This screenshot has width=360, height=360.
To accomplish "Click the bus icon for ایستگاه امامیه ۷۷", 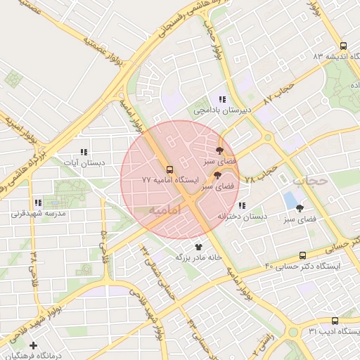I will pos(169,169).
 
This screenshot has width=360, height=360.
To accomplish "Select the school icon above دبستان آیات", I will pos(84,152).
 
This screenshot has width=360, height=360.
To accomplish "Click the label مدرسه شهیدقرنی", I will pos(45,212).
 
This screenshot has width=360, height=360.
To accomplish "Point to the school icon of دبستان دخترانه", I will pos(242,206).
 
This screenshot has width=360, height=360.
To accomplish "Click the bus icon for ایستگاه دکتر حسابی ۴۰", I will pos(302,255).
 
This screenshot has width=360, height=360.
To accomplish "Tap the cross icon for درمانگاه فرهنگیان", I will pos(34,345).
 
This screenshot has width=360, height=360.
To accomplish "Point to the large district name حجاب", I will pos(310,180).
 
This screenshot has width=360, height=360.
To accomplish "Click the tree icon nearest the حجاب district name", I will pos(300,208).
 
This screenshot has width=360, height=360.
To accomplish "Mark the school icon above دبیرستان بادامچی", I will pos(221,99).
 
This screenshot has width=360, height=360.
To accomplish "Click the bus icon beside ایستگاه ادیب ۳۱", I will pos(334,320).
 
